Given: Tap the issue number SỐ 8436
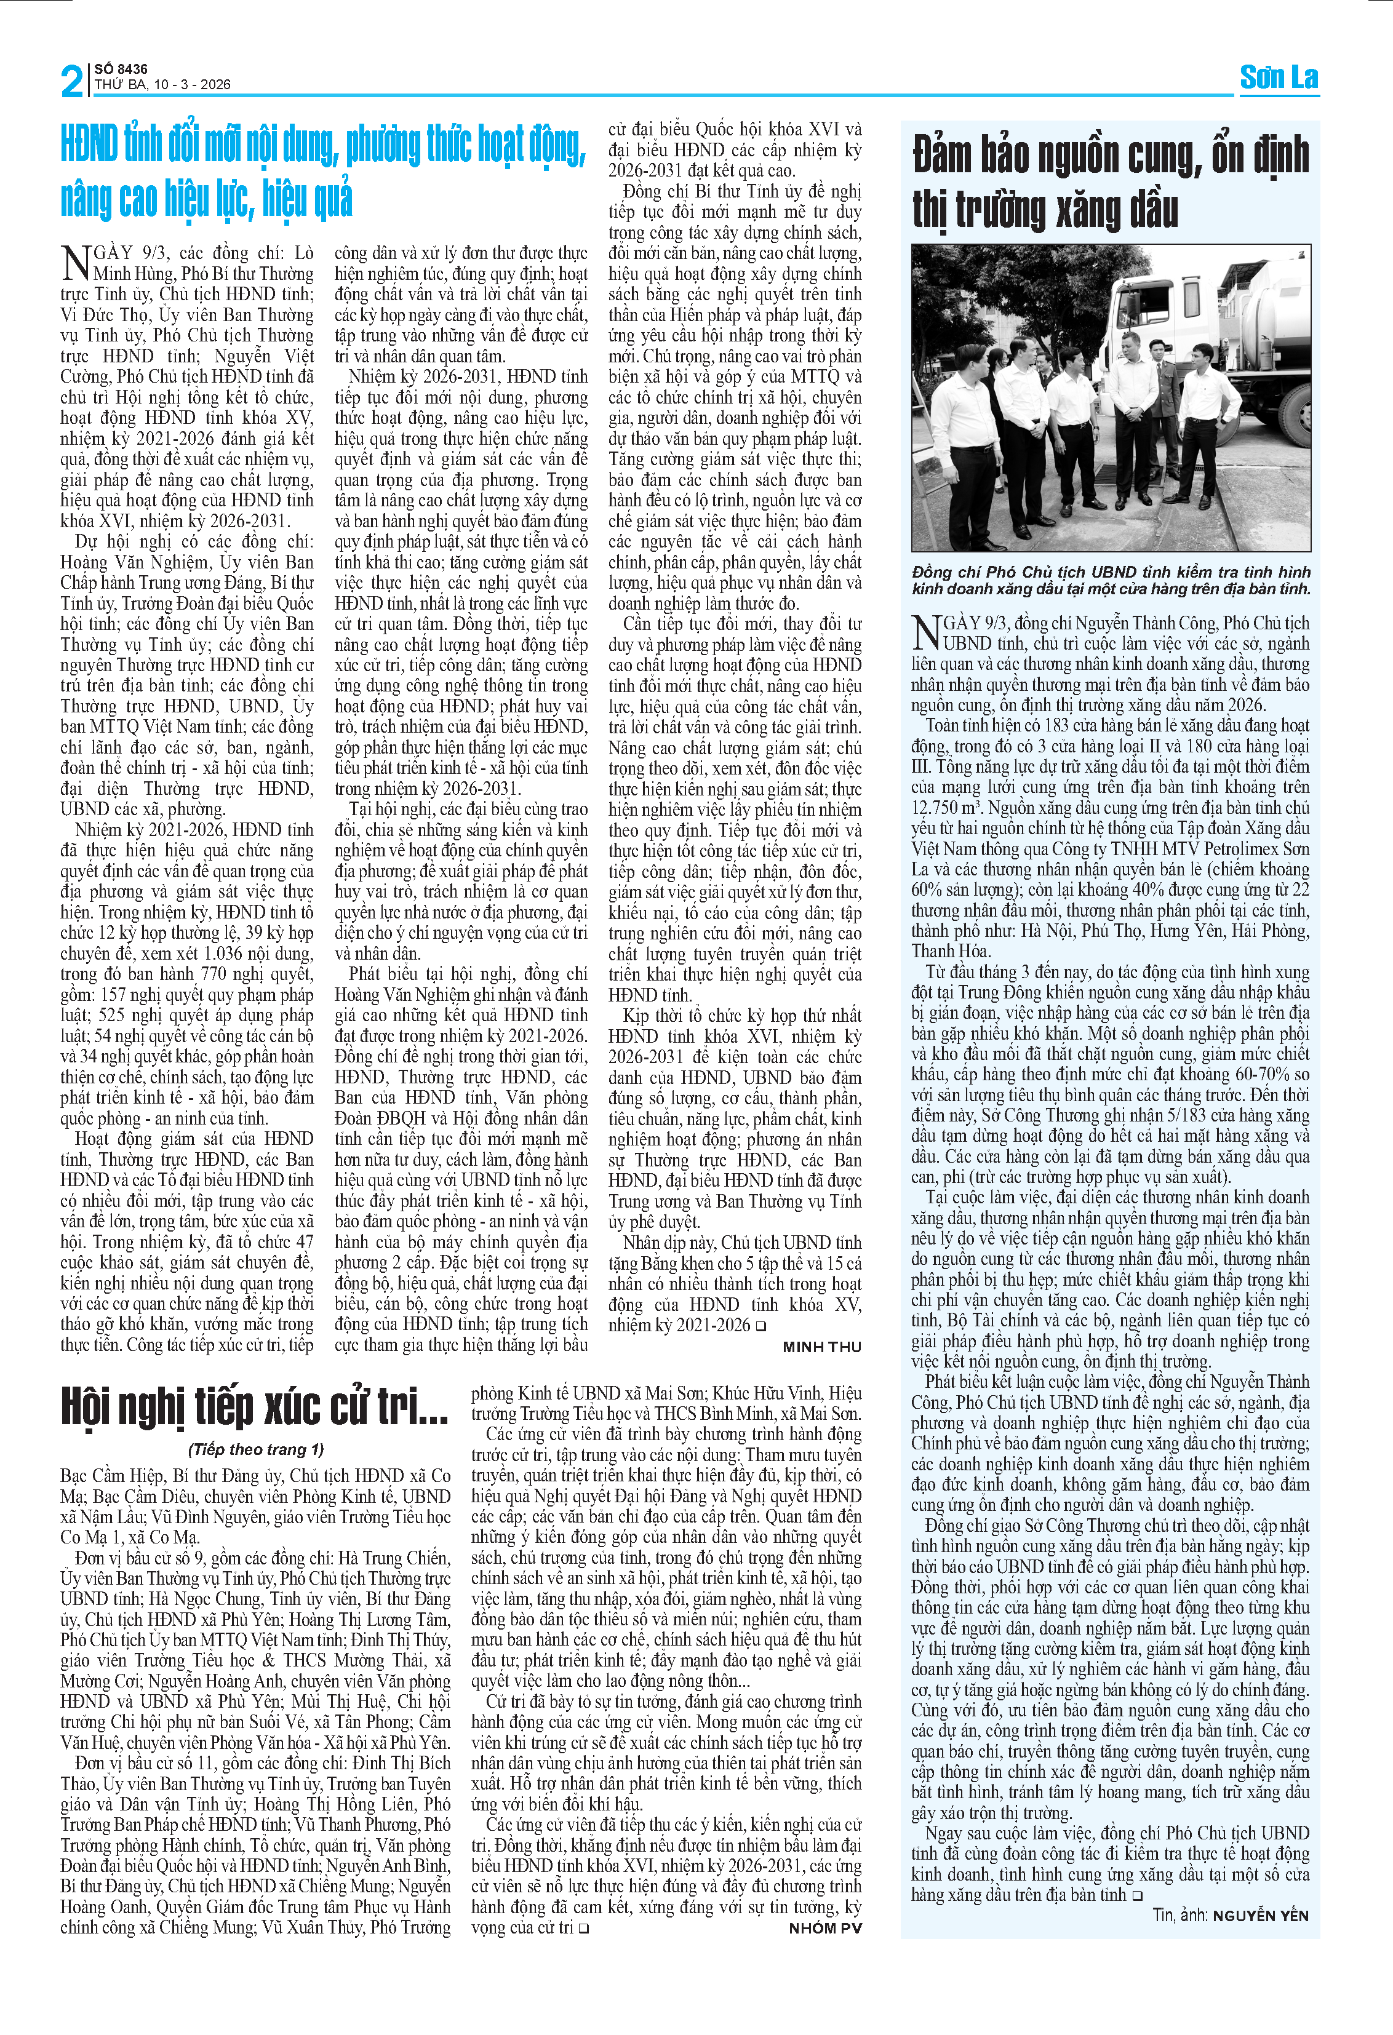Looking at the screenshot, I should click(x=121, y=68).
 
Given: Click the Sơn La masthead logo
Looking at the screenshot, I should click(x=1279, y=78).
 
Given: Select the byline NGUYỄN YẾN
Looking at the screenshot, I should click(x=1260, y=1916).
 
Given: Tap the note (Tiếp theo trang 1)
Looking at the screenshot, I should click(x=256, y=1449).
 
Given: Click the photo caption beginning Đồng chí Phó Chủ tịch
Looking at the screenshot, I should click(x=1111, y=581).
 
